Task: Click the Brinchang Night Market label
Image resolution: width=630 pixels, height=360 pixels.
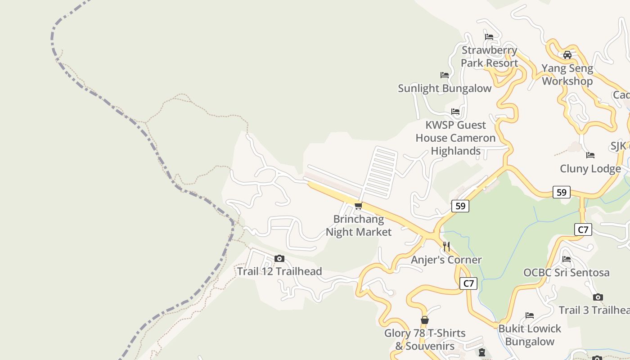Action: click(359, 225)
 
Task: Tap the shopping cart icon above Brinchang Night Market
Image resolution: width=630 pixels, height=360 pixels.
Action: click(358, 206)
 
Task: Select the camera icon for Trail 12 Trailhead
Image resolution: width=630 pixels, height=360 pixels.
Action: click(279, 258)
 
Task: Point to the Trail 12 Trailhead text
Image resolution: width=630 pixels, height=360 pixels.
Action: click(279, 271)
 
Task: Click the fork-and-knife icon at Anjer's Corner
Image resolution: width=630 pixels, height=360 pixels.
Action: click(446, 247)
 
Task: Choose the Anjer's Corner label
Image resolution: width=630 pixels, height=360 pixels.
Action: click(446, 260)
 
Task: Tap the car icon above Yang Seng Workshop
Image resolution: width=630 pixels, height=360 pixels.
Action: click(567, 55)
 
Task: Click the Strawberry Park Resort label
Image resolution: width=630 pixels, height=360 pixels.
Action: click(489, 57)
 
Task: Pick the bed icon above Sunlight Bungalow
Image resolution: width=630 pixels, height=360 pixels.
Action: click(445, 75)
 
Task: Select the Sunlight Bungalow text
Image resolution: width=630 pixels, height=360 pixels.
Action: click(445, 88)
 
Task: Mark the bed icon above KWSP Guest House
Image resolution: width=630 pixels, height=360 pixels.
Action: click(455, 112)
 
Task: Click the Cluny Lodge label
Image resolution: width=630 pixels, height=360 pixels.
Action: click(590, 169)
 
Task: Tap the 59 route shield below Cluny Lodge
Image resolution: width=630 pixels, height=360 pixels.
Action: click(562, 192)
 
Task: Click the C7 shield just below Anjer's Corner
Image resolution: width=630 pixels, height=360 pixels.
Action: click(468, 283)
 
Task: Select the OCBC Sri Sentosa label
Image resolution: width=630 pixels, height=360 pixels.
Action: click(567, 273)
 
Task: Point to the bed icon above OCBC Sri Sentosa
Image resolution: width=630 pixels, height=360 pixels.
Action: click(567, 259)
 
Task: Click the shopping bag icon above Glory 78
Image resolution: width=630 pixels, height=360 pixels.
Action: click(424, 320)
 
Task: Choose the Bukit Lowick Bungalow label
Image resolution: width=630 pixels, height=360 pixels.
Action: click(530, 335)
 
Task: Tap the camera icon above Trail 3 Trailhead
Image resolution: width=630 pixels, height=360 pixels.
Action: click(598, 297)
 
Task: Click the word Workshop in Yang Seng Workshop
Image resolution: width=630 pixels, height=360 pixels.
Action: click(567, 81)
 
